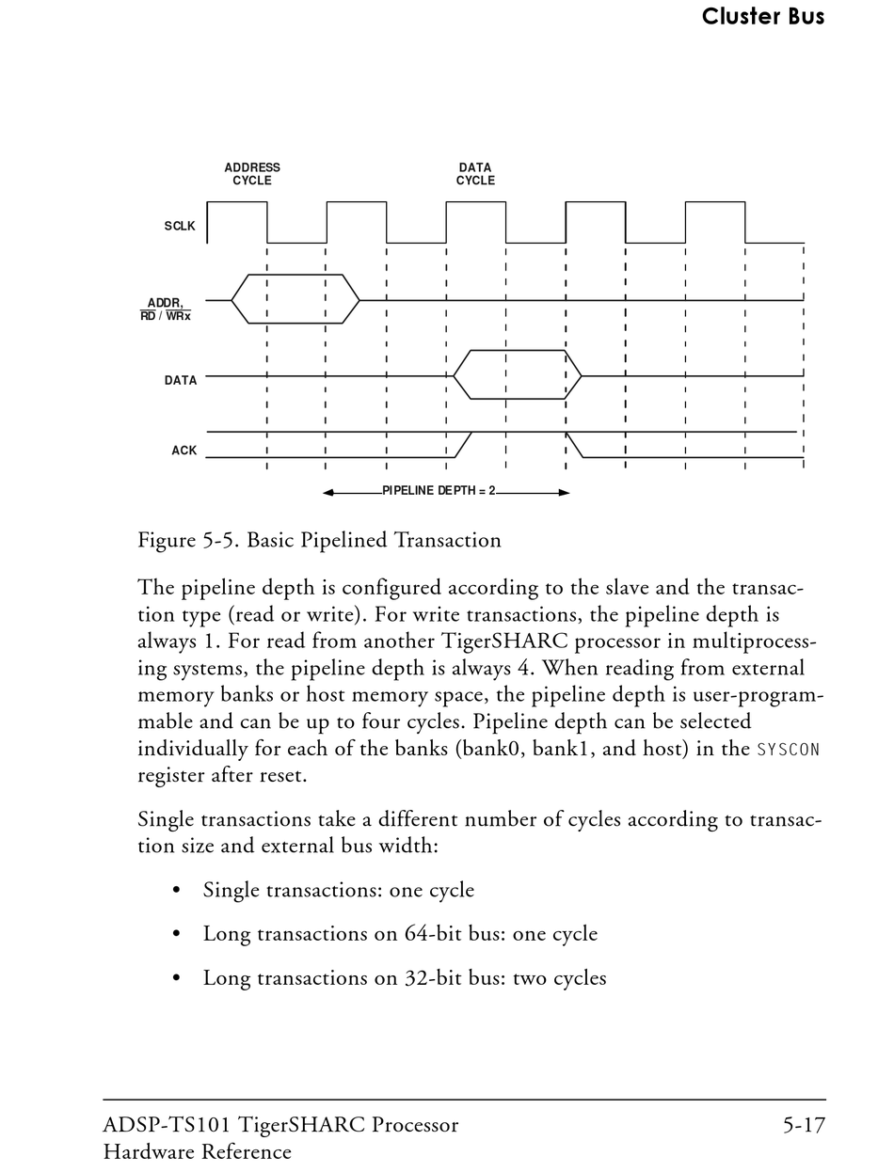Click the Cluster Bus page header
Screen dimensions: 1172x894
click(762, 16)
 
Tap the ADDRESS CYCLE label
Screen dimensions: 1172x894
click(252, 174)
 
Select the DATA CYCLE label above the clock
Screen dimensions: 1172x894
click(475, 174)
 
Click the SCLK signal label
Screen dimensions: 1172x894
click(180, 227)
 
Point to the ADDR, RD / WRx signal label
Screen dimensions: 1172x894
click(166, 309)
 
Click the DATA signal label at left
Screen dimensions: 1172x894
click(181, 381)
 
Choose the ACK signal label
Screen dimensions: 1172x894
click(184, 451)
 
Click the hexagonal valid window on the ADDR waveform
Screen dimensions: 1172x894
click(295, 299)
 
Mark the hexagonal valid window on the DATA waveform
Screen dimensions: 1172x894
click(518, 374)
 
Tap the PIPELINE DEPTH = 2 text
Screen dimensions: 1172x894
click(439, 491)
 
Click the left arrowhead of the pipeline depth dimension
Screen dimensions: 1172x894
click(328, 492)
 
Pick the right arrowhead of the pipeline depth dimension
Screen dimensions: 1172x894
click(564, 492)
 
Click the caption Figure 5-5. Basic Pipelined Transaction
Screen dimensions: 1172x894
click(319, 541)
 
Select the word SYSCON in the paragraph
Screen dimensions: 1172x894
click(789, 751)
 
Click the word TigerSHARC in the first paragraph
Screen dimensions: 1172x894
click(492, 641)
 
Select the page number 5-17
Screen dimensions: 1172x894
click(804, 1126)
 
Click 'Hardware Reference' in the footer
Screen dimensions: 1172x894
click(198, 1152)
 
